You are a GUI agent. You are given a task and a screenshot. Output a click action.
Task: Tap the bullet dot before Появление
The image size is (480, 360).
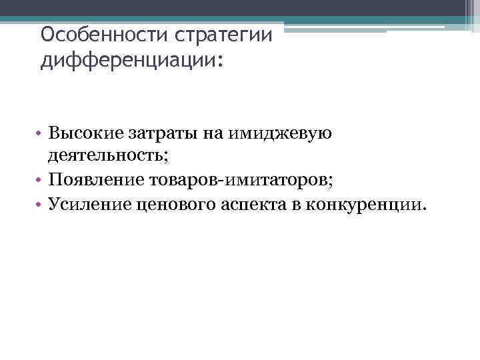pyautogui.click(x=40, y=181)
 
